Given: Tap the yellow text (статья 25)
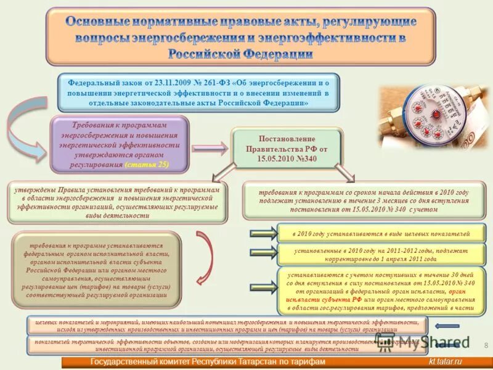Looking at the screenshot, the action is (147, 166).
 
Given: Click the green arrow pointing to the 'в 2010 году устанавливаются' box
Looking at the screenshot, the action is (264, 233).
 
